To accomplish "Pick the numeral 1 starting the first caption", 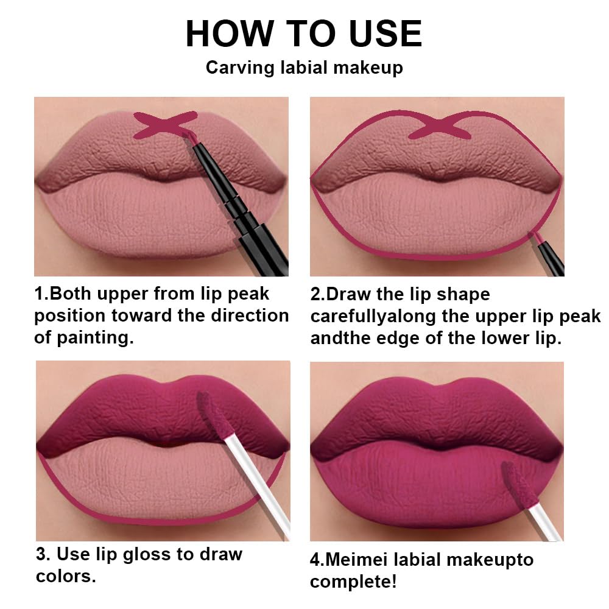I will point(40,294).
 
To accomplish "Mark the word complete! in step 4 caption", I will point(353,582).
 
